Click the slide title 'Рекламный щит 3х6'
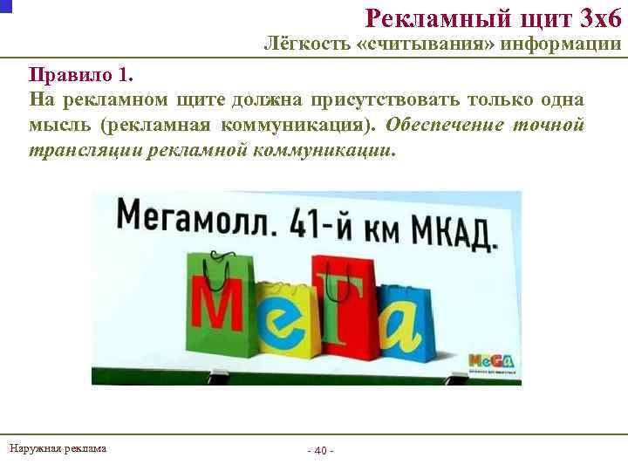[x=493, y=17]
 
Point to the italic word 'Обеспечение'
[x=444, y=124]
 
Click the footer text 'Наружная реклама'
[x=58, y=448]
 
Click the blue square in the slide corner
[x=5, y=5]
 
